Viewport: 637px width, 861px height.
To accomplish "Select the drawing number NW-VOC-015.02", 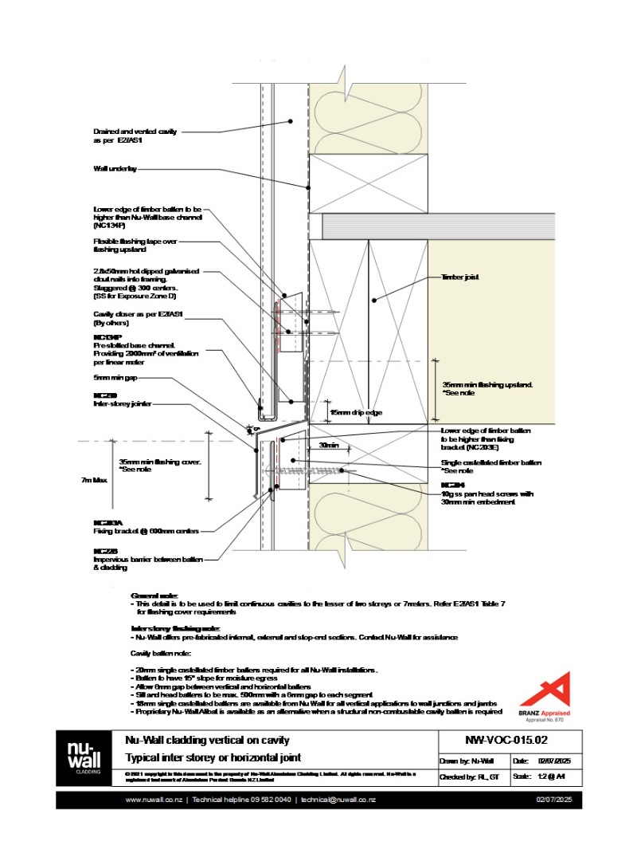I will (506, 741).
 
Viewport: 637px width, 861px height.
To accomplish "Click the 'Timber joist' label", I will (459, 277).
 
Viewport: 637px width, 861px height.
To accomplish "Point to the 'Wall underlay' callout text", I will (115, 169).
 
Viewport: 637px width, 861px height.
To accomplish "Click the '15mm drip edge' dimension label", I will (357, 412).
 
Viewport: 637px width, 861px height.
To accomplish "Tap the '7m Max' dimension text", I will (94, 480).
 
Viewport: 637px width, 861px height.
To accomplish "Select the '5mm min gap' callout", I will (115, 377).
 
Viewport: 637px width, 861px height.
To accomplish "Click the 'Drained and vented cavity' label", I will (135, 132).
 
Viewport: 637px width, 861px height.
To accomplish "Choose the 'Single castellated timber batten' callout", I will (491, 462).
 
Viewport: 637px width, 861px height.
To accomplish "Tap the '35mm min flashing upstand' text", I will (487, 384).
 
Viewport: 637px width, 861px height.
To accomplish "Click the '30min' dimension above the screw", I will (329, 445).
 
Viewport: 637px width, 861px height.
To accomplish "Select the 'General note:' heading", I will (154, 595).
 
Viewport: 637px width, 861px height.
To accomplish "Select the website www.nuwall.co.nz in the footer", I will (155, 800).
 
